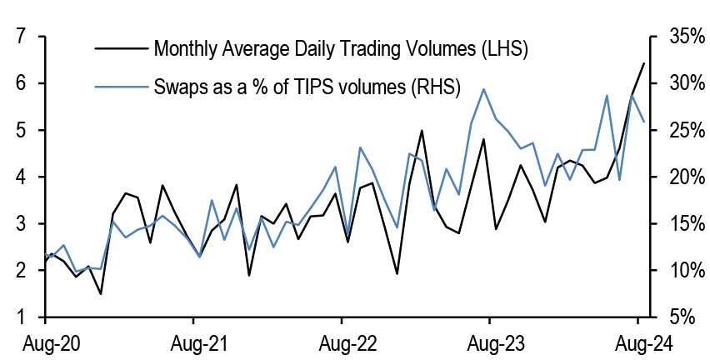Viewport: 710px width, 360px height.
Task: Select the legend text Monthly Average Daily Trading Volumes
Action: (x=341, y=49)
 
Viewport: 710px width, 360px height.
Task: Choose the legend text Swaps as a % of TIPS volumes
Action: (x=307, y=87)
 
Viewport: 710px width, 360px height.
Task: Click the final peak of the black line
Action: (x=643, y=63)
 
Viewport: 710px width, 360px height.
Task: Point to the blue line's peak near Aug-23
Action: (x=483, y=89)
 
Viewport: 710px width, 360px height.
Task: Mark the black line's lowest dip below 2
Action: (x=100, y=293)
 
